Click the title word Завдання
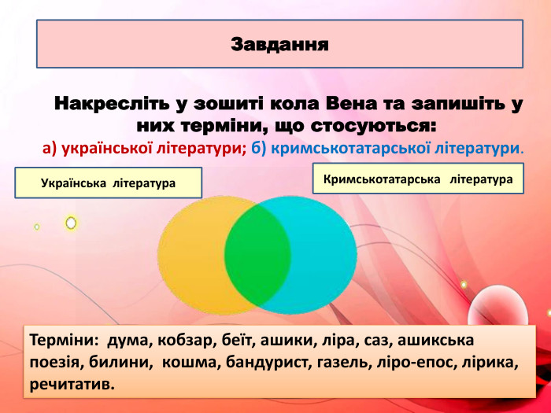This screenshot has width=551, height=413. pos(279,42)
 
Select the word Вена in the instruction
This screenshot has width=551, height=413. pos(346,105)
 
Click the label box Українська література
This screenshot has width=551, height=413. pos(108,183)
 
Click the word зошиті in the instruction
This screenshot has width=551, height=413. pos(235,105)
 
